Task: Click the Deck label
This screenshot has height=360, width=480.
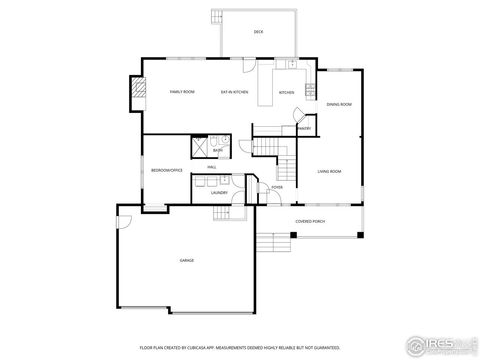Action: coord(258,33)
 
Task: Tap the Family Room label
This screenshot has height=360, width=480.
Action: coord(181,92)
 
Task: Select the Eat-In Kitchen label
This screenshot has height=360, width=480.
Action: coord(235,92)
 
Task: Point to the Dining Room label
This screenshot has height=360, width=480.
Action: coord(339,104)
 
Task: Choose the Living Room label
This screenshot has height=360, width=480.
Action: coord(330,171)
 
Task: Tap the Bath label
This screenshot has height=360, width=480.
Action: coord(231,150)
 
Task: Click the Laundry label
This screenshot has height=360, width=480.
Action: coord(219,193)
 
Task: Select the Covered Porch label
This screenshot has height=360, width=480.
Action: coord(310,220)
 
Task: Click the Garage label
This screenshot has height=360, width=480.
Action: coord(186,259)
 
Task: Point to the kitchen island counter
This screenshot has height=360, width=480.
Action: coord(267,88)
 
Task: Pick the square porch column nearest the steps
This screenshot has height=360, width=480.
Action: coord(293,235)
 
